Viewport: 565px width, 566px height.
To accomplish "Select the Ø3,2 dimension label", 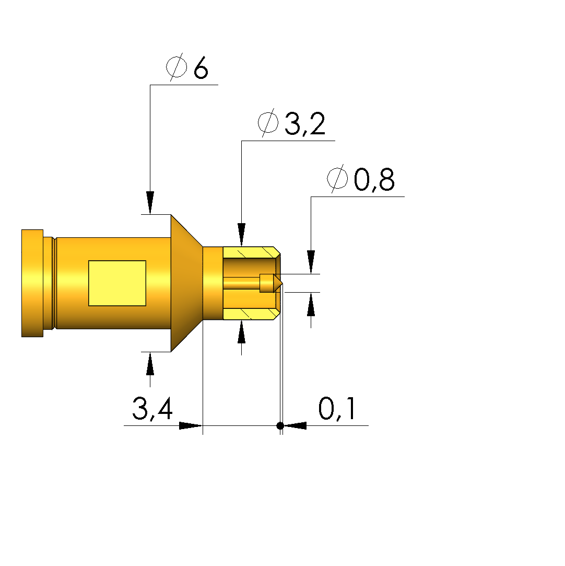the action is coord(291,123).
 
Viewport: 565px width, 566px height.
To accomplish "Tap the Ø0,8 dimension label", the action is coord(360,179).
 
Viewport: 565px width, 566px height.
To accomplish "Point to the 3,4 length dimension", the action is coord(152,409).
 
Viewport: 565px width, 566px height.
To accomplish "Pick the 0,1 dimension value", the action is coord(337,409).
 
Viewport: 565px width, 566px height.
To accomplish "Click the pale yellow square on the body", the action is coord(117,283).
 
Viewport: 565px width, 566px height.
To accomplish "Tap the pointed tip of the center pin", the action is coord(282,283).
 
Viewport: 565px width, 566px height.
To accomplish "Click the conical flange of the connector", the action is coord(186,283).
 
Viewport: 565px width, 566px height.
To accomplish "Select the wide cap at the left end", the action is coord(32,283).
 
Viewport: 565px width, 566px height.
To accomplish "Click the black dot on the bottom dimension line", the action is coord(280,425).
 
